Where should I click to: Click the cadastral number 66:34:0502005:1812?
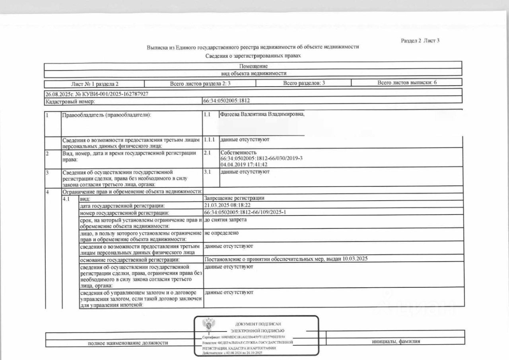tap(227, 101)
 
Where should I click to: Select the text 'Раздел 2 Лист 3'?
tap(420, 41)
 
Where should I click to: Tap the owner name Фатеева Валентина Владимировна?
tap(262, 115)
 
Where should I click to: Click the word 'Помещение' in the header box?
tap(253, 66)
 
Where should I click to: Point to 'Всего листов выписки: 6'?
tap(407, 83)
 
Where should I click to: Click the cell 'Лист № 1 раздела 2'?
tap(94, 84)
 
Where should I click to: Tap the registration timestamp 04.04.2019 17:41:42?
tap(243, 164)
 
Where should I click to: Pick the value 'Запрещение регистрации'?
tap(234, 198)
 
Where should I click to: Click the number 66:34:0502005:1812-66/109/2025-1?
tap(245, 212)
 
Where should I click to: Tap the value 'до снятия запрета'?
tap(225, 220)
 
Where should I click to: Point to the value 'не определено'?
tap(221, 233)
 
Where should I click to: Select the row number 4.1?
tap(67, 198)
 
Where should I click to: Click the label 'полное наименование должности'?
tap(128, 342)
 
